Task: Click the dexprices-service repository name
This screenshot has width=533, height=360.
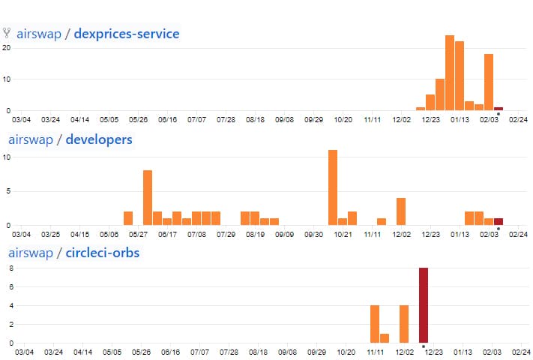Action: [x=126, y=34]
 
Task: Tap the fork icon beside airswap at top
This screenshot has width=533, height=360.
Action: [x=7, y=33]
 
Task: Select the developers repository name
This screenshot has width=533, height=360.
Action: [x=99, y=139]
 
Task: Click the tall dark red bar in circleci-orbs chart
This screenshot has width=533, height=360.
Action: [x=424, y=305]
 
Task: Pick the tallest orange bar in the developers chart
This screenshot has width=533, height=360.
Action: [x=333, y=187]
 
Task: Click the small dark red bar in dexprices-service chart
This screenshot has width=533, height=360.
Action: [x=499, y=109]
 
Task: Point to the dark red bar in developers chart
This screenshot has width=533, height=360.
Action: [x=499, y=221]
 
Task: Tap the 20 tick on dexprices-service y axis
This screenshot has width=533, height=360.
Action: [x=6, y=48]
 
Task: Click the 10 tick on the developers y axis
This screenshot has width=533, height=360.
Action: [x=6, y=157]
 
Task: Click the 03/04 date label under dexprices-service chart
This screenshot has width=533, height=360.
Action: [x=21, y=119]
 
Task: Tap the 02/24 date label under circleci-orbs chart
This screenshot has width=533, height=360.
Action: [x=520, y=351]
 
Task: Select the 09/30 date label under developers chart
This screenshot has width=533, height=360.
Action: [x=314, y=234]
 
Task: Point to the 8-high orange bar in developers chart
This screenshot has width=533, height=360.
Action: [x=148, y=197]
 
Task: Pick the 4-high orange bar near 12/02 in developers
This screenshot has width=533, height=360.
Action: [x=401, y=211]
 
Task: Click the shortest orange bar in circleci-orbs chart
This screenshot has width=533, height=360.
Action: [x=385, y=338]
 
